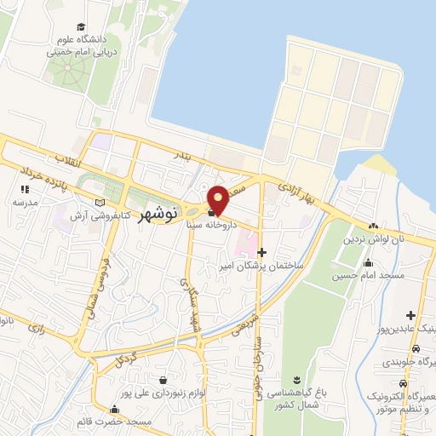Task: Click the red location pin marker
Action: click(218, 199)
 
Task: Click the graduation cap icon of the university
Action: click(81, 28)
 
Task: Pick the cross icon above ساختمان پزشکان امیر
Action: click(261, 252)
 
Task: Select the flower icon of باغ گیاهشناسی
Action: click(296, 378)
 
